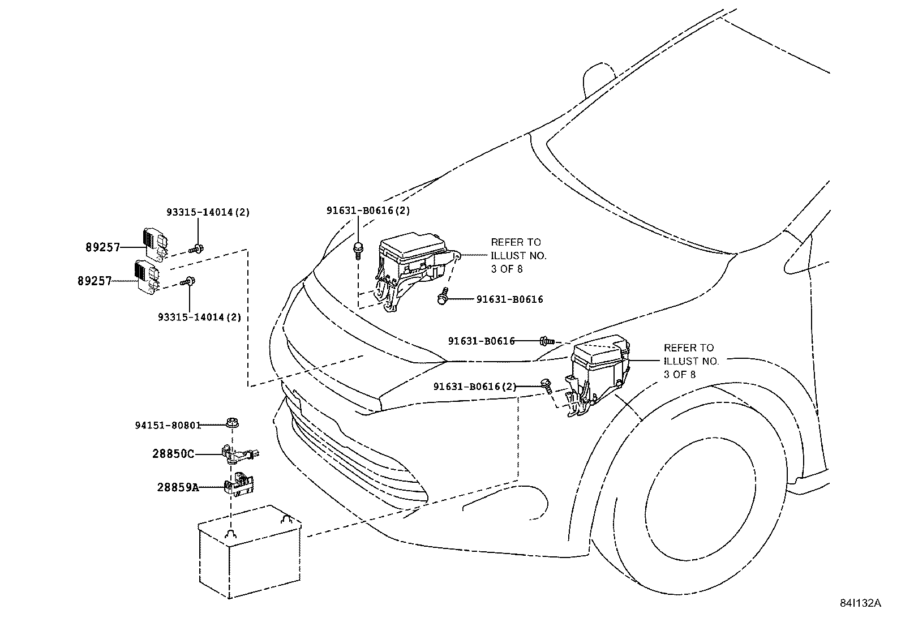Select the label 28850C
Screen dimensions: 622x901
173,453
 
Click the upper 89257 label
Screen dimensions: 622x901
103,247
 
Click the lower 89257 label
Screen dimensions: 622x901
95,281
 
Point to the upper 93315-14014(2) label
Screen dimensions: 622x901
208,212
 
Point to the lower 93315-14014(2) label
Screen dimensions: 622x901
199,317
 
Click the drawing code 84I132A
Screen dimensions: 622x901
860,603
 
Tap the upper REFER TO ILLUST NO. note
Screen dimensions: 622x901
518,255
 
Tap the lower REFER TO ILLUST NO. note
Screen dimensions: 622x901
690,361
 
